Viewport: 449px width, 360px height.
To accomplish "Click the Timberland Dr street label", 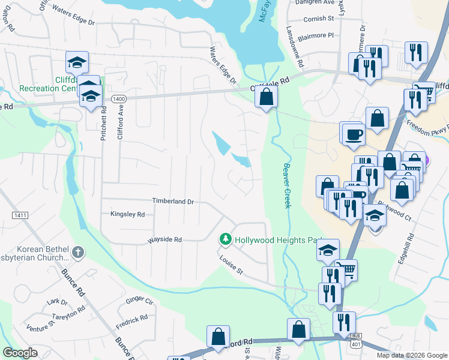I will (173, 202).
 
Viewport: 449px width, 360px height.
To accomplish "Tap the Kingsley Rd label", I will (127, 214).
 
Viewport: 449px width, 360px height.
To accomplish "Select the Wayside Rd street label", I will (165, 239).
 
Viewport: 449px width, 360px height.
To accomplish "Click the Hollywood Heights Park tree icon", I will (226, 239).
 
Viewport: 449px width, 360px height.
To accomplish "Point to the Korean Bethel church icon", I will (77, 252).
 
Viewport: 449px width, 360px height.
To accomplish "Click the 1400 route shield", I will (119, 98).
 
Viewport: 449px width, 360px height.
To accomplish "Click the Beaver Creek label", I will (287, 186).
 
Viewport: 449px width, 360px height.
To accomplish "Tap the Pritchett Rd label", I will (104, 124).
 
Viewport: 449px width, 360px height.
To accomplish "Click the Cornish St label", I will (318, 19).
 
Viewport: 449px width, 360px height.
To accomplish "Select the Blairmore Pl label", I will (318, 35).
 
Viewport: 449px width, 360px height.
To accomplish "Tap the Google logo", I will (20, 353).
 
